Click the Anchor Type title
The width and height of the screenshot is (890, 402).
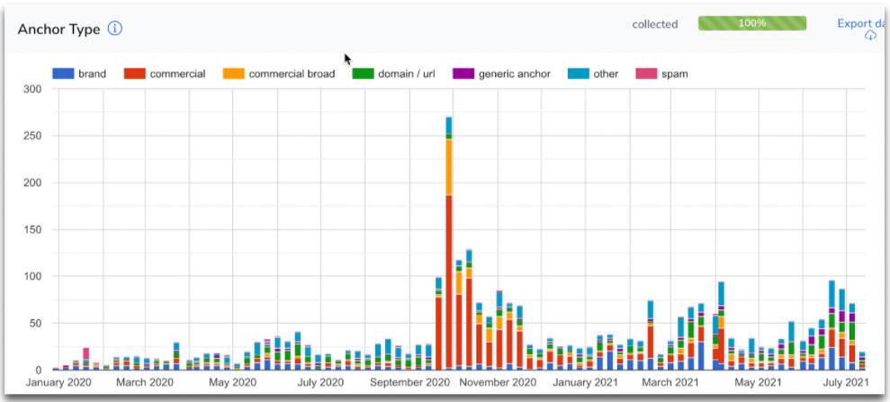pos(58,29)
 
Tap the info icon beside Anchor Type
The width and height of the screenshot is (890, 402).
pos(115,28)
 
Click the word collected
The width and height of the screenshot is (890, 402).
pos(654,24)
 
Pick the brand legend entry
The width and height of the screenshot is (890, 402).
pos(80,74)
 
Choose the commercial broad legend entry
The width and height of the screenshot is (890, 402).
pos(281,74)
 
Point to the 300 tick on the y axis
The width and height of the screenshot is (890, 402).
pos(32,89)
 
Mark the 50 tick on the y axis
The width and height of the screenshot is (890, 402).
pos(36,323)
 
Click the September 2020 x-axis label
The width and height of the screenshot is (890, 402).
pos(409,382)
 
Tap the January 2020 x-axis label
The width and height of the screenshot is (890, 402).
pos(59,382)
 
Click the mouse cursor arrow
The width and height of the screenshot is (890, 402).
pos(347,58)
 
